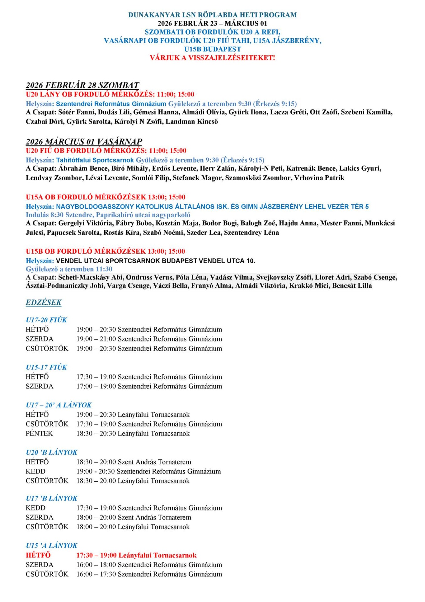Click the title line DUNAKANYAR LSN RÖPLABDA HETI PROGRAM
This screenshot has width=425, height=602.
pyautogui.click(x=212, y=15)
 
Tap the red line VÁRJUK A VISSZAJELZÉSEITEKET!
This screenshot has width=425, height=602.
pyautogui.click(x=212, y=58)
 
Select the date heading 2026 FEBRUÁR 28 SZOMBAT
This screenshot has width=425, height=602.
pyautogui.click(x=82, y=85)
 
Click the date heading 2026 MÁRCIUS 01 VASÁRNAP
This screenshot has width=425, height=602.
pyautogui.click(x=84, y=141)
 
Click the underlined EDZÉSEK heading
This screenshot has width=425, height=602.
pyautogui.click(x=44, y=302)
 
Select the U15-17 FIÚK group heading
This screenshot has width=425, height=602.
pyautogui.click(x=46, y=367)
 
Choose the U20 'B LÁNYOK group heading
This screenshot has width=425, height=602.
pyautogui.click(x=51, y=452)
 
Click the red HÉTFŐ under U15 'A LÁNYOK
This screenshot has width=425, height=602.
pyautogui.click(x=38, y=555)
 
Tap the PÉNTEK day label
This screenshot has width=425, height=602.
pyautogui.click(x=39, y=433)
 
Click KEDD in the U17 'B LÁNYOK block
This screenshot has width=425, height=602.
pyautogui.click(x=35, y=508)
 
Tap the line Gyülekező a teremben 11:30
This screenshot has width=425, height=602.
pyautogui.click(x=69, y=269)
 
